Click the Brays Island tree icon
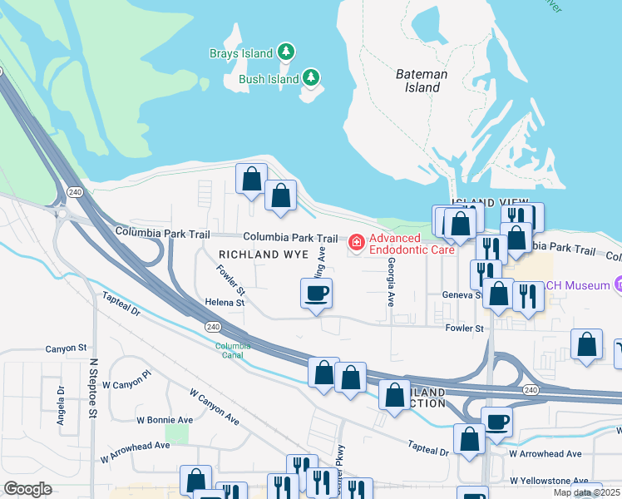[x=286, y=52]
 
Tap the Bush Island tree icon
[x=312, y=78]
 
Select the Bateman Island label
[x=421, y=81]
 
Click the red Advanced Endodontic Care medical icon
[x=357, y=243]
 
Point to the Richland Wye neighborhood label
[x=263, y=253]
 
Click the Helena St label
[x=227, y=303]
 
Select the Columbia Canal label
[x=232, y=350]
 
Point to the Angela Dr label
[x=61, y=405]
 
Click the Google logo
[x=27, y=489]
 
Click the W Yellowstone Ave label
[x=550, y=481]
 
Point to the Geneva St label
[x=466, y=294]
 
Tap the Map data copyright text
[x=586, y=492]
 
